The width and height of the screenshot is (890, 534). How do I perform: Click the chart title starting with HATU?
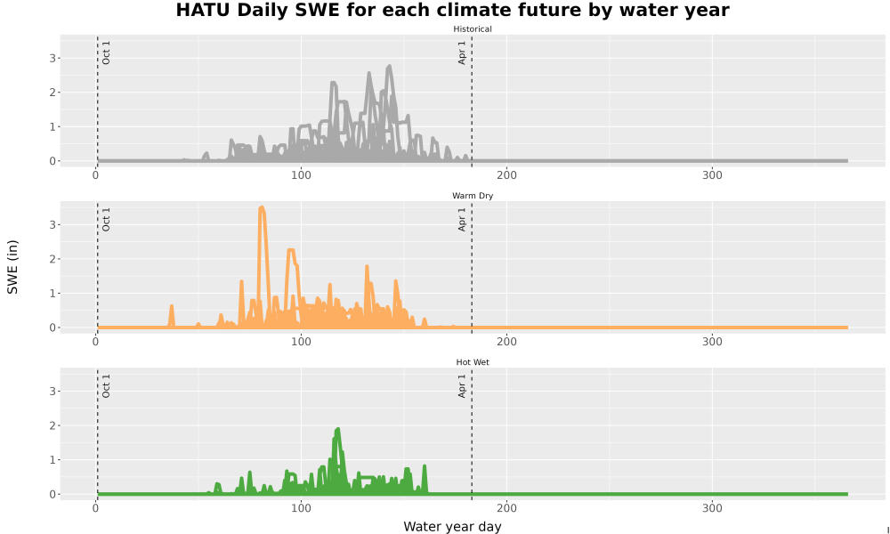coord(452,10)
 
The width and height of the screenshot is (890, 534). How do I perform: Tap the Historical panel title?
coord(473,29)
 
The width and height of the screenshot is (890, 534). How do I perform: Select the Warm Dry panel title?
coord(473,196)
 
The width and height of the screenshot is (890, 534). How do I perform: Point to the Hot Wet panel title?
coord(473,362)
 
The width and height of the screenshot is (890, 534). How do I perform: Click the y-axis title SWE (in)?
coord(12,267)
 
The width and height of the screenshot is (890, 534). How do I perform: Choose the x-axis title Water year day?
coord(452,527)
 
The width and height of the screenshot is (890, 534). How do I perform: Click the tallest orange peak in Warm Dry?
coord(261,207)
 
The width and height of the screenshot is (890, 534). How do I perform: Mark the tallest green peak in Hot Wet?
coord(337,430)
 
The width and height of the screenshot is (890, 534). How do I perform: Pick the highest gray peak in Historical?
coord(389,67)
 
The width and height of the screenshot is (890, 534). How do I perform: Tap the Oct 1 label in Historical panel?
coord(106,53)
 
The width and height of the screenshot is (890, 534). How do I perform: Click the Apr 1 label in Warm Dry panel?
coord(462,219)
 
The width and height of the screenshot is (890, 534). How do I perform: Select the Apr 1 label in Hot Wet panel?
coord(462,386)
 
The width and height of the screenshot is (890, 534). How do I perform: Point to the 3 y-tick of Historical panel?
coord(53,59)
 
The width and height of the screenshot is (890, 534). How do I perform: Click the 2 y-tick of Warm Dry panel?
coord(53,259)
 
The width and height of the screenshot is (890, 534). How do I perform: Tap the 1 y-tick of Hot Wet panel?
coord(53,460)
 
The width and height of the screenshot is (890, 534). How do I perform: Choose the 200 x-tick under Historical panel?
coord(506,175)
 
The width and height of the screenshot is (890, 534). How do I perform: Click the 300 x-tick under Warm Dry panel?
coord(712,342)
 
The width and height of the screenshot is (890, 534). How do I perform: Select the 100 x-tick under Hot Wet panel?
coord(301,508)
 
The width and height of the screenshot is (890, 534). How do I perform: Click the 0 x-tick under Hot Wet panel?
coord(95,508)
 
